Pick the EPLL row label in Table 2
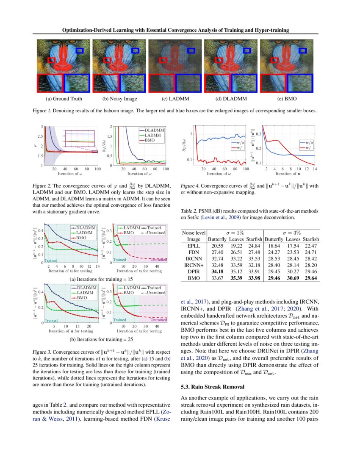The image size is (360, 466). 193,245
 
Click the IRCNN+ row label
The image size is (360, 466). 193,265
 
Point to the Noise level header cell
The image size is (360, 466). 193,233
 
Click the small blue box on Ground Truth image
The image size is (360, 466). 79,51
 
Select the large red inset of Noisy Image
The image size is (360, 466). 105,83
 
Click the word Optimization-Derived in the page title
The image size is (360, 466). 87,30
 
